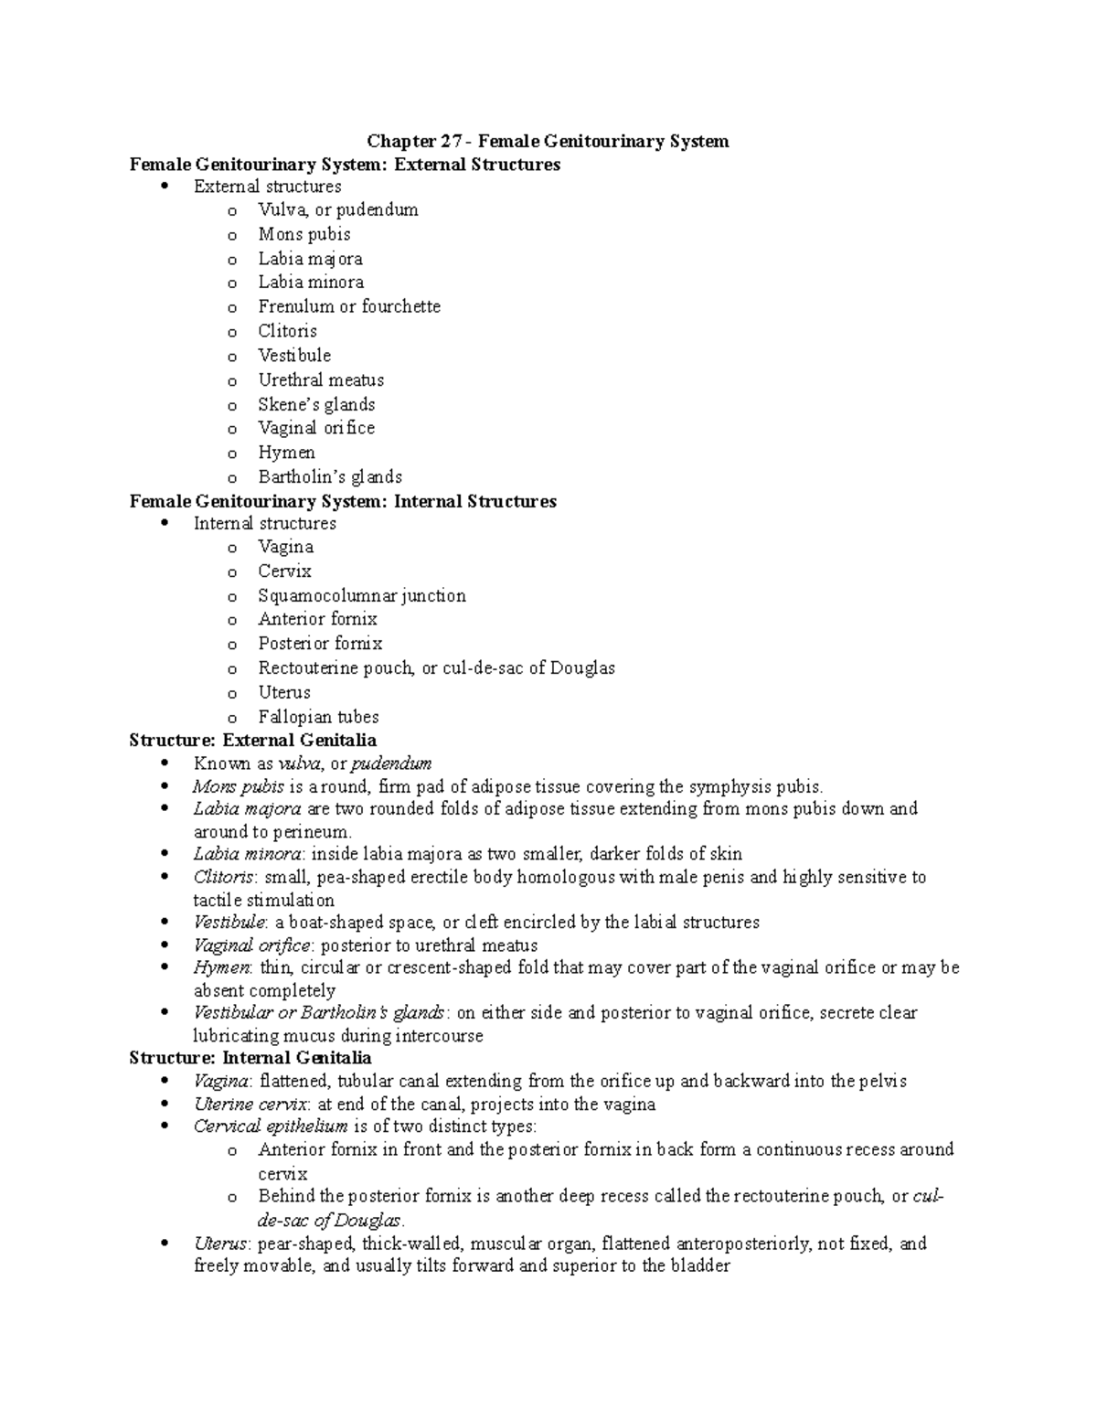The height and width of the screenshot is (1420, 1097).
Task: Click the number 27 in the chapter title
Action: [x=445, y=141]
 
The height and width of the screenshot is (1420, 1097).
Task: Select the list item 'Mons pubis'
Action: [x=304, y=234]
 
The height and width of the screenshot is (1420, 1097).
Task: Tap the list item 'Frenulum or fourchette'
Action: [x=348, y=306]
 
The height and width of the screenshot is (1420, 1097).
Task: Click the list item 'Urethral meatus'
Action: [x=320, y=379]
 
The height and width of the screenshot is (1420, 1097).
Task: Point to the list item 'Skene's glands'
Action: [x=316, y=404]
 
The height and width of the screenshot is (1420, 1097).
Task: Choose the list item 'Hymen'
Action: [x=286, y=453]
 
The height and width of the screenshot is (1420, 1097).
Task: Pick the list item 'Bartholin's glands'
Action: [x=329, y=476]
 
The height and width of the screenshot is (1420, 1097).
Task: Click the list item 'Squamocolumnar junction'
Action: [x=361, y=595]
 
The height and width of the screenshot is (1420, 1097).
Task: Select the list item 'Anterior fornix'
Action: [x=317, y=619]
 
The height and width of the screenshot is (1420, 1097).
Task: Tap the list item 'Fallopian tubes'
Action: [x=317, y=717]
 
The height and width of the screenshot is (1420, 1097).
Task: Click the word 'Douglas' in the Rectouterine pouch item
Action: [x=583, y=667]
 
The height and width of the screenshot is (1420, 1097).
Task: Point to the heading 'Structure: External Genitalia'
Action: [x=252, y=740]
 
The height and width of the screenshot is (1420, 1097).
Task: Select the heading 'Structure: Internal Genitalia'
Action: [x=250, y=1058]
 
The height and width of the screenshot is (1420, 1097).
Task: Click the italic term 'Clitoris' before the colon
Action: [x=223, y=877]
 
